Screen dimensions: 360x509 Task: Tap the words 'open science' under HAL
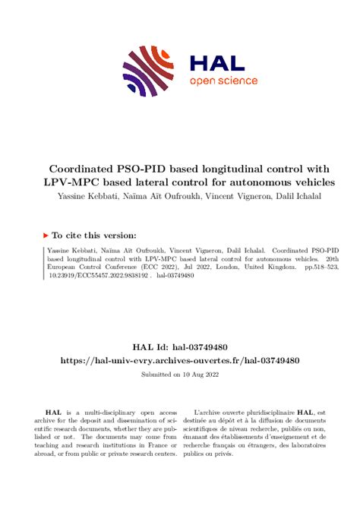point(223,81)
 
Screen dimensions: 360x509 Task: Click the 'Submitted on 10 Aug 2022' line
point(179,375)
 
